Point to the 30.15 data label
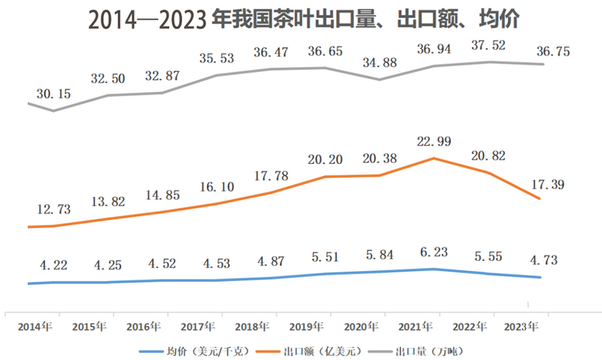[x=53, y=94]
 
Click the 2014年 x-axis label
[x=34, y=327]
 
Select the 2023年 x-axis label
[x=521, y=327]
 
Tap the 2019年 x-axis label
[x=306, y=327]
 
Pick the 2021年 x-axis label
[x=415, y=327]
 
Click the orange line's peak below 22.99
[x=433, y=158]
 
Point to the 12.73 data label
[x=53, y=210]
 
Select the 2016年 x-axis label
[x=143, y=327]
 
